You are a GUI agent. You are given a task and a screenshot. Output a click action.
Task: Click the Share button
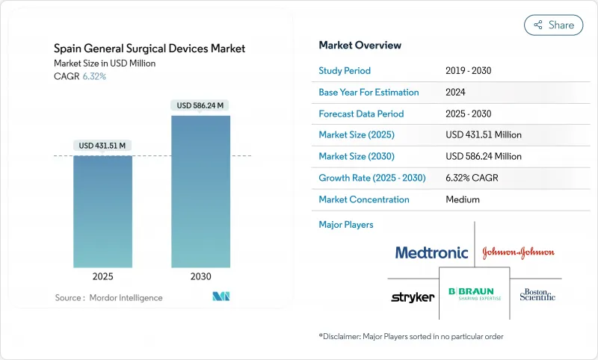click(553, 25)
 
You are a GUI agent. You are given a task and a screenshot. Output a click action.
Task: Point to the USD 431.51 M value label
click(102, 145)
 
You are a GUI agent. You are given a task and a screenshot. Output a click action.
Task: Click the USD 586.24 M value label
click(200, 105)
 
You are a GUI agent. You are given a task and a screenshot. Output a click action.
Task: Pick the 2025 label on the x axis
click(103, 276)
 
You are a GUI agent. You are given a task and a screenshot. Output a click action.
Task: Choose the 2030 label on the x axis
click(200, 276)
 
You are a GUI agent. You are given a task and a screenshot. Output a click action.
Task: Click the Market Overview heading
click(360, 46)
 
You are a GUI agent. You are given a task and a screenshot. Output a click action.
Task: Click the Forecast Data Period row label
click(361, 114)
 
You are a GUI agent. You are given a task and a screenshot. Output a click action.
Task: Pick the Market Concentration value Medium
click(463, 199)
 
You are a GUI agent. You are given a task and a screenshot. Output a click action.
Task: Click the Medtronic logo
click(431, 252)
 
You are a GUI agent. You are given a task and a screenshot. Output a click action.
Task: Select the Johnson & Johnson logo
click(518, 252)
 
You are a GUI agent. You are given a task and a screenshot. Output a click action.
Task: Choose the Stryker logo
click(413, 297)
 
